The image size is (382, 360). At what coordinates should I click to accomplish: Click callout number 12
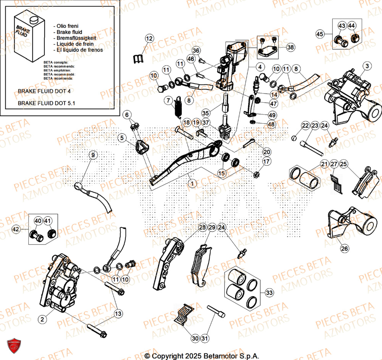149,38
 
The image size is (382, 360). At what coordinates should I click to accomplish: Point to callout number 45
320,34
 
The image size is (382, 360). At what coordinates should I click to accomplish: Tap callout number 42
16,230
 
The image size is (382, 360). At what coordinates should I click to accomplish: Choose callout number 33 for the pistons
269,293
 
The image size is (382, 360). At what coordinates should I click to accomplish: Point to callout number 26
344,249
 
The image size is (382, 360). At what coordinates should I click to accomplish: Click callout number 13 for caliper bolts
118,313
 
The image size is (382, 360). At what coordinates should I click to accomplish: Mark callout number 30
195,338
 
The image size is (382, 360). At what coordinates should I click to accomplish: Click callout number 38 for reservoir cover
291,47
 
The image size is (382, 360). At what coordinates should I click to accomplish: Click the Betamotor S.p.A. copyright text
202,356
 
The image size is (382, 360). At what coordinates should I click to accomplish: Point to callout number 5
121,138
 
